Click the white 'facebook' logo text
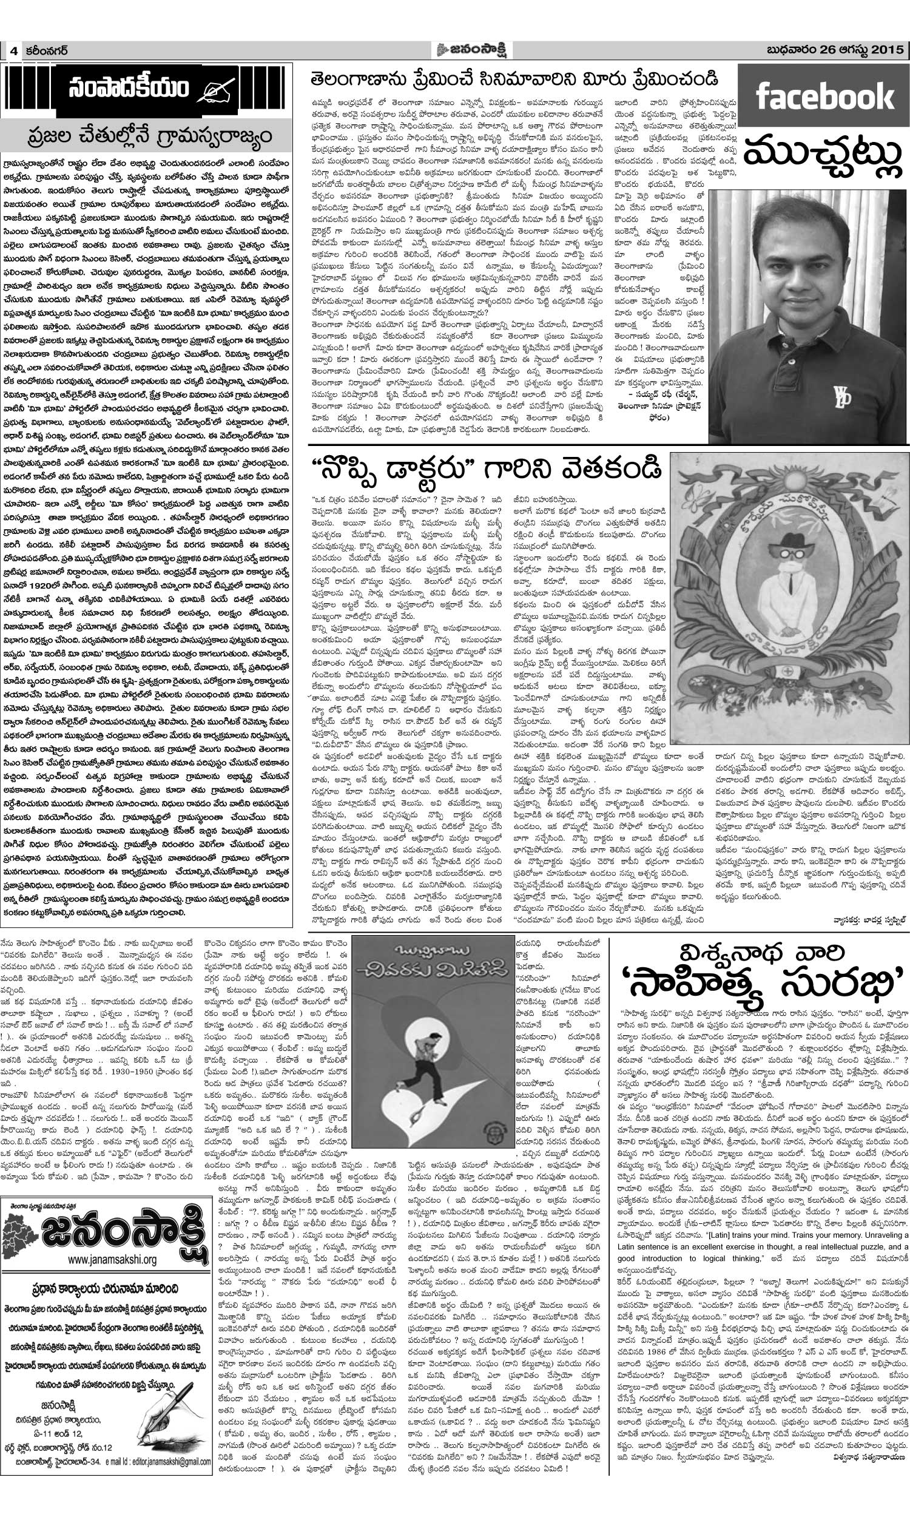pos(823,98)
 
